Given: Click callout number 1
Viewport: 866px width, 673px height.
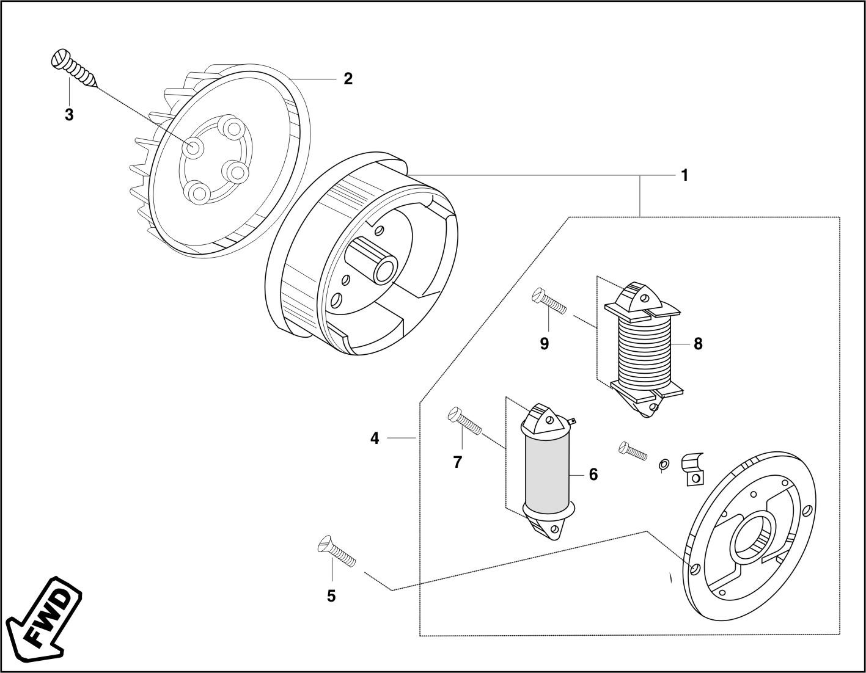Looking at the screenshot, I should (684, 175).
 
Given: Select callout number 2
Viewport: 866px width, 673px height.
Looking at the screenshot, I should (348, 79).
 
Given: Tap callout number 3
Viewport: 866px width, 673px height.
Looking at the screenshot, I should (69, 114).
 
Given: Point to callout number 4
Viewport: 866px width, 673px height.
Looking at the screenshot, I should (375, 438).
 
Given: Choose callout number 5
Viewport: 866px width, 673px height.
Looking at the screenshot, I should (331, 596).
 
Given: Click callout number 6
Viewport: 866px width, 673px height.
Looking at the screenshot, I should (593, 475).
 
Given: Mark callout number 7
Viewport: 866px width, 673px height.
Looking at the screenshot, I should (458, 462).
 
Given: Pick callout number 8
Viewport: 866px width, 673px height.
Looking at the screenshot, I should (698, 344).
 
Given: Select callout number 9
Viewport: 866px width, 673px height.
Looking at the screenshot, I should (544, 344).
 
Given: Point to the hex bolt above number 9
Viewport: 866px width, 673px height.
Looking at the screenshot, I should (550, 300).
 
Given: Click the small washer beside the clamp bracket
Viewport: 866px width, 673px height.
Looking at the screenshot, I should (664, 466).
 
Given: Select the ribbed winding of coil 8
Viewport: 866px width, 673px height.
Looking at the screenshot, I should (644, 351).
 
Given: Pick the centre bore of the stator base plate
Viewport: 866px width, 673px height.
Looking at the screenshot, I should (753, 536).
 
